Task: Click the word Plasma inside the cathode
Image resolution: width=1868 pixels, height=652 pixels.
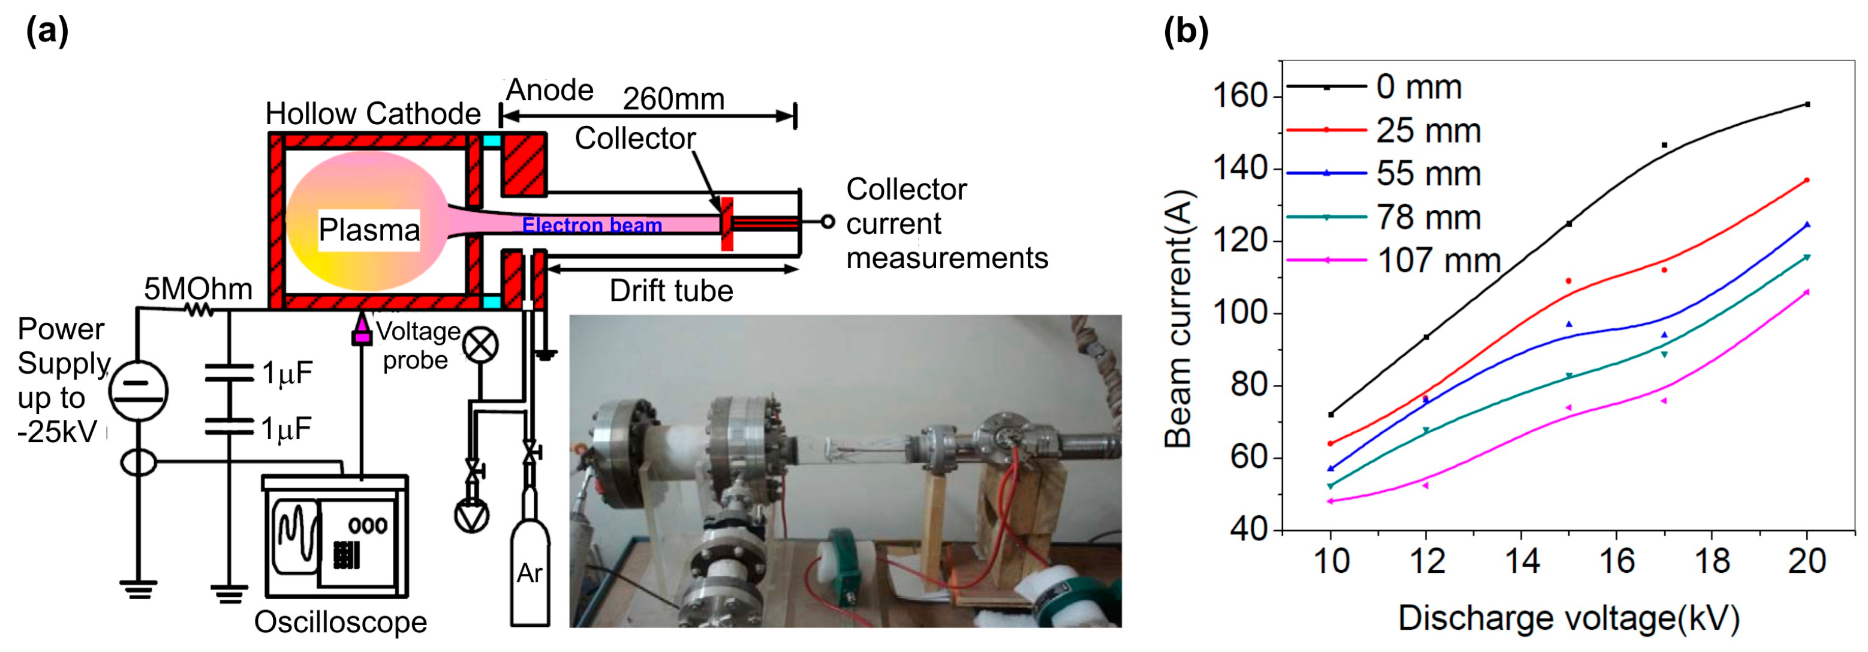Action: (x=369, y=231)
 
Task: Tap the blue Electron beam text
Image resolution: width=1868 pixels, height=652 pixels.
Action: (x=592, y=226)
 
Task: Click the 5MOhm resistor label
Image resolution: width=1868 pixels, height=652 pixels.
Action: (x=197, y=289)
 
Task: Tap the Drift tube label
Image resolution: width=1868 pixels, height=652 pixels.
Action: (x=671, y=291)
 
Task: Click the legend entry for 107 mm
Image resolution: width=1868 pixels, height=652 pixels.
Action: (x=1437, y=261)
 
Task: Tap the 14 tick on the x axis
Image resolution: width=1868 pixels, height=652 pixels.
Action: (x=1521, y=561)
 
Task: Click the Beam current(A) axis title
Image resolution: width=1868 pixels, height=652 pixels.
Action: (x=1178, y=319)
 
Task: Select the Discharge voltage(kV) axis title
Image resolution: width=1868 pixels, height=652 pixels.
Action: (x=1568, y=618)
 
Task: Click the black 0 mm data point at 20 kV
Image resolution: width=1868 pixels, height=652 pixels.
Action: (x=1807, y=104)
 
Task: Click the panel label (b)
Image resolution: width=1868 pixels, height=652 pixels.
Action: (x=1186, y=31)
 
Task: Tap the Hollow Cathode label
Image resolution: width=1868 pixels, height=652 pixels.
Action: (x=373, y=114)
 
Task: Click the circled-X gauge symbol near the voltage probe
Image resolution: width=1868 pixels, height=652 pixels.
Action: (x=480, y=344)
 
